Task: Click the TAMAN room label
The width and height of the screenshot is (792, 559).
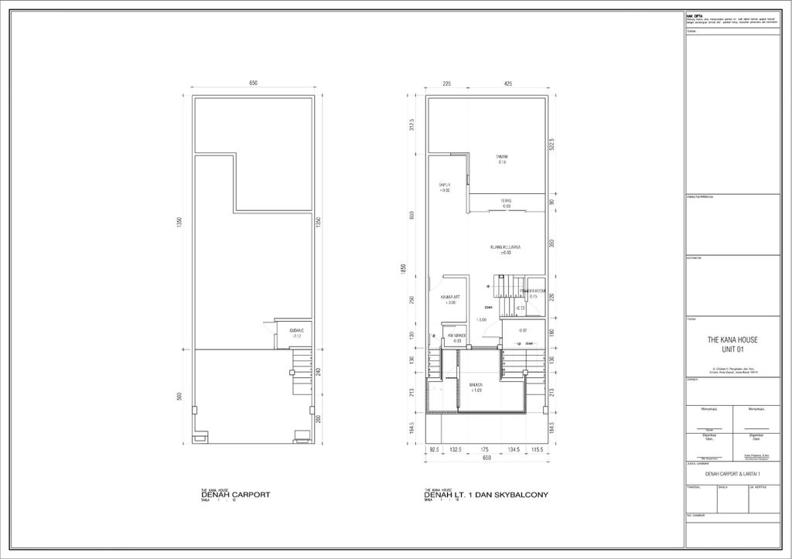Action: pos(502,157)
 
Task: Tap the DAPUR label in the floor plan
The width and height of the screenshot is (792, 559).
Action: pos(445,186)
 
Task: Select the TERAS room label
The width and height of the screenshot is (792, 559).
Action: pos(506,201)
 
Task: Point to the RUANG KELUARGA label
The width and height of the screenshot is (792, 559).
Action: pos(506,247)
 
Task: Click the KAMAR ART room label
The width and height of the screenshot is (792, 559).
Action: pos(451,298)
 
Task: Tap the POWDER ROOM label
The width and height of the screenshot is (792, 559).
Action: pos(533,291)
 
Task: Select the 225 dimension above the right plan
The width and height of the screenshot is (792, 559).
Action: pos(446,83)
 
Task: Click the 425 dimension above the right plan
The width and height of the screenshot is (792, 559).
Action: pos(507,83)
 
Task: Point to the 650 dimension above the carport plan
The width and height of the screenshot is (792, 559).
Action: pos(253,83)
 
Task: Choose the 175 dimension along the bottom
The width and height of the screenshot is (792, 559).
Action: pos(485,449)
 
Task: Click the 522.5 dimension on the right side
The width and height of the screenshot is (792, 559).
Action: pos(551,145)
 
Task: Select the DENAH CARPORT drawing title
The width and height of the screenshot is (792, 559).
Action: pos(235,496)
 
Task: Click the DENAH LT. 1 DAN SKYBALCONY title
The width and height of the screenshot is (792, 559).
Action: pos(486,496)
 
